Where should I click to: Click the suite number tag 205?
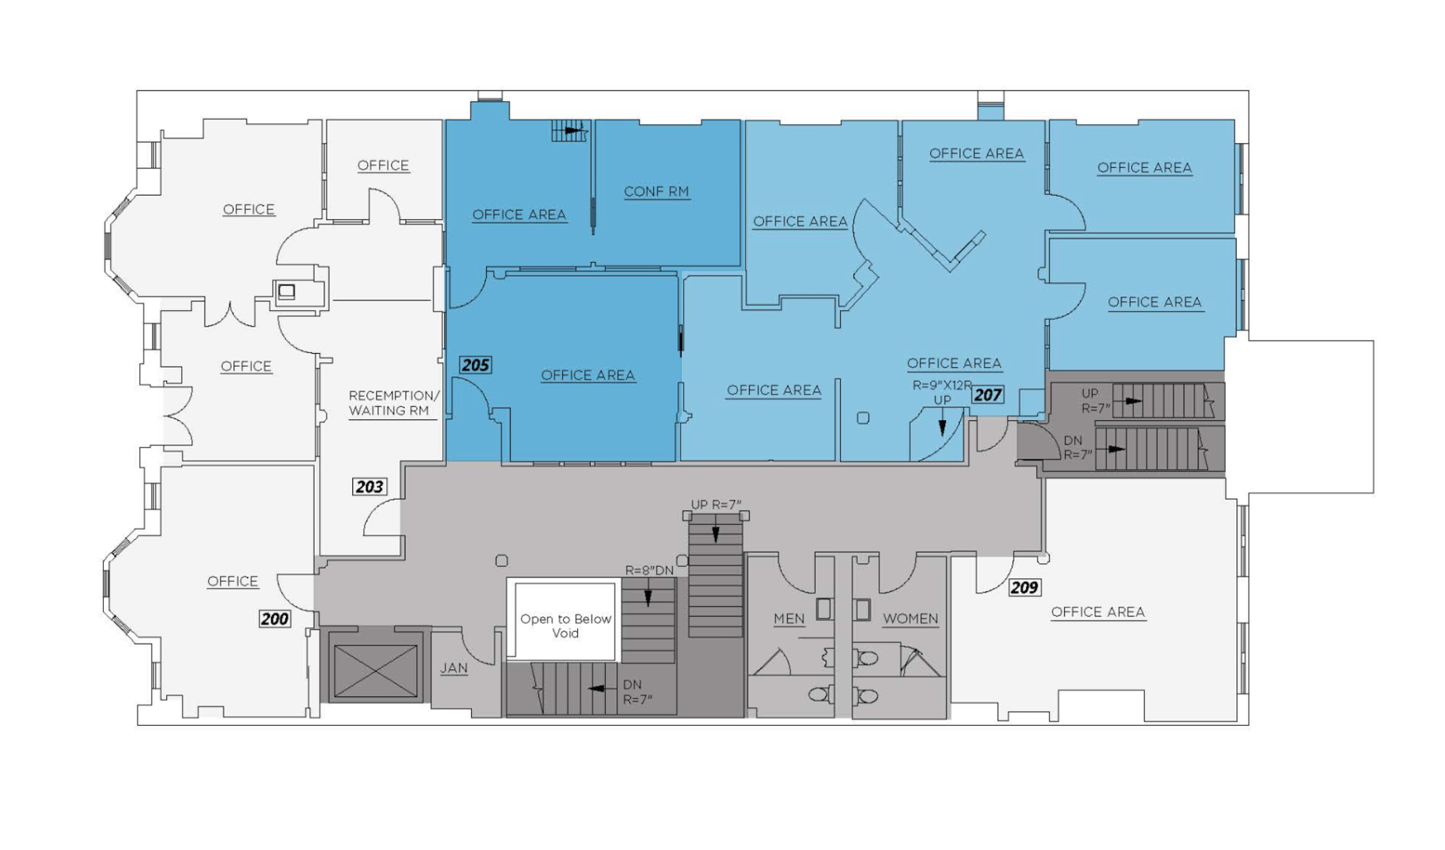(476, 365)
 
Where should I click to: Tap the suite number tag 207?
(987, 395)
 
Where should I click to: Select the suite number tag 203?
(370, 487)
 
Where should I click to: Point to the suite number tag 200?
(275, 619)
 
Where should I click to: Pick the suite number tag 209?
(1024, 587)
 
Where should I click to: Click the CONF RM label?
(656, 192)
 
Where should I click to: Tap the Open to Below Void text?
(566, 626)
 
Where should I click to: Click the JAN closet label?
(454, 668)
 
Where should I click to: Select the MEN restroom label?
(789, 619)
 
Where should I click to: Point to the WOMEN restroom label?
(911, 619)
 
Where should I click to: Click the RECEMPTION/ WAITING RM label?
(394, 403)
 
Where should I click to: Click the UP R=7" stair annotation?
(716, 504)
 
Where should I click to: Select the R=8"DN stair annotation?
(649, 571)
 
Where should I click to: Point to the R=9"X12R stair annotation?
(942, 385)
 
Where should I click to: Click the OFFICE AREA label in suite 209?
(1098, 612)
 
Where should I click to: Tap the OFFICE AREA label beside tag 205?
(588, 375)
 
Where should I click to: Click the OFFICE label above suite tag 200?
(233, 581)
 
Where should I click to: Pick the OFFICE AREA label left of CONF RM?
(519, 215)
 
